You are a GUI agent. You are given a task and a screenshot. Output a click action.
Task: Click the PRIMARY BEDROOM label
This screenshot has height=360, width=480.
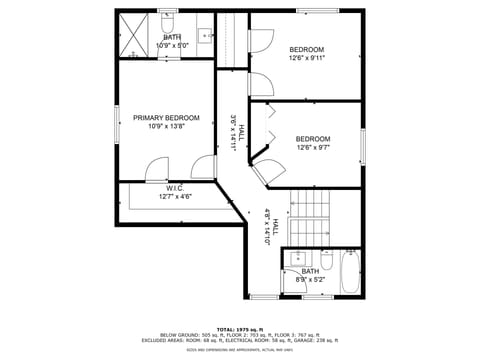(x=166, y=118)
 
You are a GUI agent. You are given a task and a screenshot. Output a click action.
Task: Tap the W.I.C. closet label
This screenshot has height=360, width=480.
(x=175, y=187)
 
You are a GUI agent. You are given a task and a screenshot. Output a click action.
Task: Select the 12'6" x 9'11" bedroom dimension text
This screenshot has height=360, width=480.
(x=307, y=58)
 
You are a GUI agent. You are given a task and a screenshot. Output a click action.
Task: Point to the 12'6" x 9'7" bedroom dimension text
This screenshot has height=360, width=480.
(x=313, y=148)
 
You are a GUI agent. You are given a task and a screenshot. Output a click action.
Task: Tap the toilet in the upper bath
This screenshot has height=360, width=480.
(x=168, y=22)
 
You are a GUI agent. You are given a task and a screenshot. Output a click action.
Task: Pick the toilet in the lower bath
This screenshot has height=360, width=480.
(x=327, y=259)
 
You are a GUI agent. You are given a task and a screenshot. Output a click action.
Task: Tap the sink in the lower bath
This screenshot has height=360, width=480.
(x=294, y=262)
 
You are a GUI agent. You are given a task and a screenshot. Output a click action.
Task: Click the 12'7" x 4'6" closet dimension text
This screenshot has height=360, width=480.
(x=175, y=196)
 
